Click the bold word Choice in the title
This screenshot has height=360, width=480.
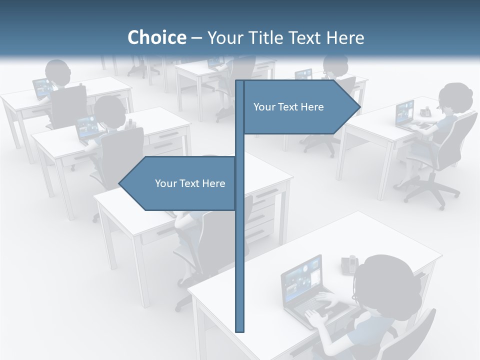(x=156, y=37)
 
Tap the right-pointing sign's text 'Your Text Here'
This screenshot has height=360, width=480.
(x=288, y=107)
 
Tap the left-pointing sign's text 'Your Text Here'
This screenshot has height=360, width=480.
(x=190, y=183)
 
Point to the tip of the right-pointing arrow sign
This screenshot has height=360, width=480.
(x=359, y=107)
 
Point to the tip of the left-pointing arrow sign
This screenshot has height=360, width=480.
(x=119, y=183)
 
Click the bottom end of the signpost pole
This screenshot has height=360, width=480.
(x=239, y=330)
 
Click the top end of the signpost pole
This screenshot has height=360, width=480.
(x=239, y=82)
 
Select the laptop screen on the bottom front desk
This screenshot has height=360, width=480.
(x=301, y=277)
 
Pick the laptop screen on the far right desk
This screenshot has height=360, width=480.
(x=405, y=113)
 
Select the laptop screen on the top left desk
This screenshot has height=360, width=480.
(x=41, y=88)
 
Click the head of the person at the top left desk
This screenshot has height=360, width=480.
(x=58, y=72)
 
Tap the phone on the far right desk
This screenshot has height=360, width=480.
(x=425, y=112)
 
